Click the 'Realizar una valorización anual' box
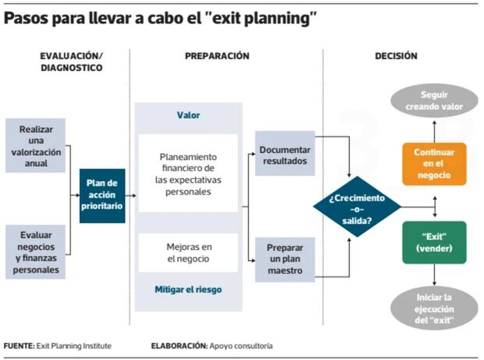(35, 145)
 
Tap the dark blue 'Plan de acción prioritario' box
(102, 195)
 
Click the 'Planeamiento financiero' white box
(188, 174)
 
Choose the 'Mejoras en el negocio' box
(188, 251)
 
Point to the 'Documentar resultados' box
(285, 155)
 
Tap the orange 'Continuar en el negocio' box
(434, 165)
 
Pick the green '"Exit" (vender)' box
(434, 242)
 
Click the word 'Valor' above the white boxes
(188, 115)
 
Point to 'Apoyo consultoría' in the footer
(241, 344)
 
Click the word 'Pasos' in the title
(29, 17)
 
